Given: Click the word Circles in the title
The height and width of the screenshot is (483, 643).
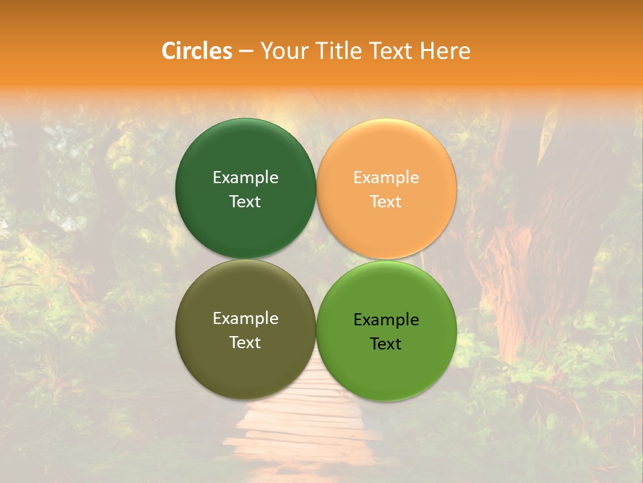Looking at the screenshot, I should pos(196,51).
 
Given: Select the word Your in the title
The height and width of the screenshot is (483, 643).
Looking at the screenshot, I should pos(283,51).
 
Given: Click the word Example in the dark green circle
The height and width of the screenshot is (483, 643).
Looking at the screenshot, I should pos(245,177).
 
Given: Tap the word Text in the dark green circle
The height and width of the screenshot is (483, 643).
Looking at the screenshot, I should pos(245,201).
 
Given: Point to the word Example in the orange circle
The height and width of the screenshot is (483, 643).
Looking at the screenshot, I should pos(386,177).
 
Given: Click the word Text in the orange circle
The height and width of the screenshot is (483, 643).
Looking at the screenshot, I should pos(386,201).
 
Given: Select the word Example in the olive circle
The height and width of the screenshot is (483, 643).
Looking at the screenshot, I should pos(245,318).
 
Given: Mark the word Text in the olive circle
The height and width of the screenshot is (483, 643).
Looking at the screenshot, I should pos(245,342).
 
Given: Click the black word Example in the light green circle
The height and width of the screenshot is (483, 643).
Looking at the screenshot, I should pos(386,319).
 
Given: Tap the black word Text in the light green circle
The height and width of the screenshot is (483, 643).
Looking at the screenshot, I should pos(386,343).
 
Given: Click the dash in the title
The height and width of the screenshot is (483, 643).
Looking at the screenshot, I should pos(245,51).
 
